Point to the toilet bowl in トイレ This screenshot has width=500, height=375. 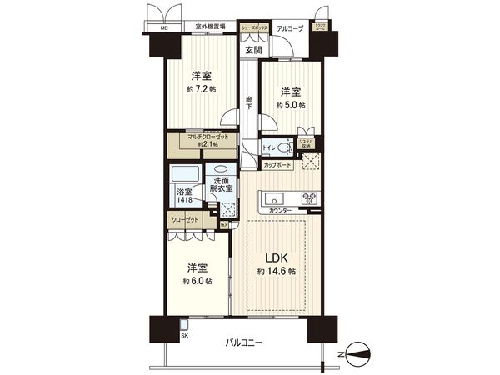pos(284,148)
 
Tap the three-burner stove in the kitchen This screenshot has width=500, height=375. pos(307,199)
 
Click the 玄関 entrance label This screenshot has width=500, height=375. pos(253,49)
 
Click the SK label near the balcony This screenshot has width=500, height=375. pos(185,335)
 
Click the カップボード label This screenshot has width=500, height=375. pos(277,165)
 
